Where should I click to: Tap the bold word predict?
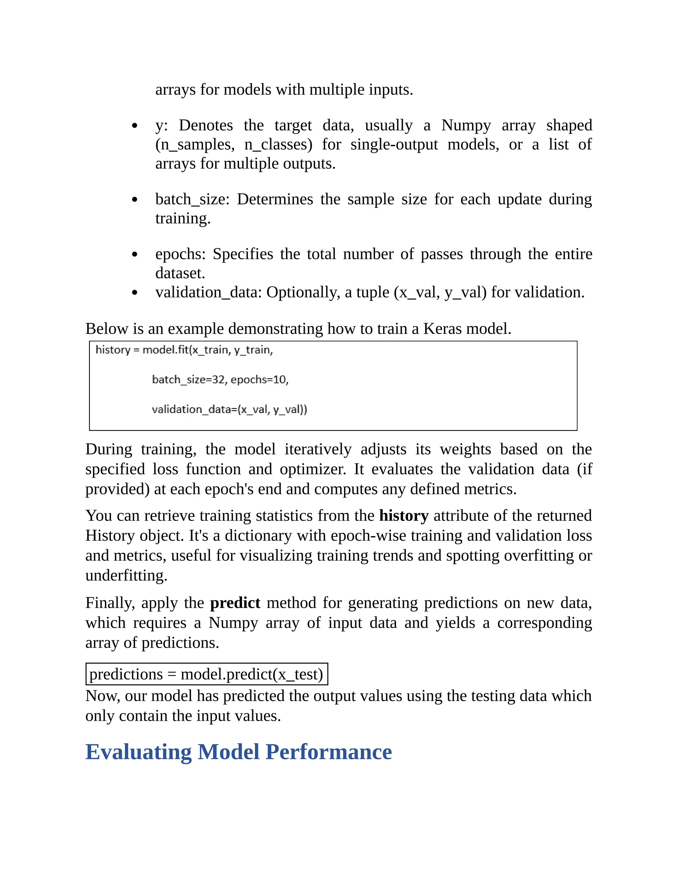tap(235, 603)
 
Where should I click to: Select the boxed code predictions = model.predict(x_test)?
tap(207, 674)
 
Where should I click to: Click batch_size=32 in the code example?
tap(188, 380)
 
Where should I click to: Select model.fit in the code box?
tap(166, 350)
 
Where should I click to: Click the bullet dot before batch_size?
tap(134, 200)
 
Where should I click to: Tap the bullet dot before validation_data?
tap(134, 293)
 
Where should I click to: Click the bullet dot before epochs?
tap(134, 254)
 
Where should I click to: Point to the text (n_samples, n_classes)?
tap(233, 145)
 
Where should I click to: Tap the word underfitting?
tap(126, 576)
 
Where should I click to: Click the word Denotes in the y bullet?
tap(206, 125)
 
